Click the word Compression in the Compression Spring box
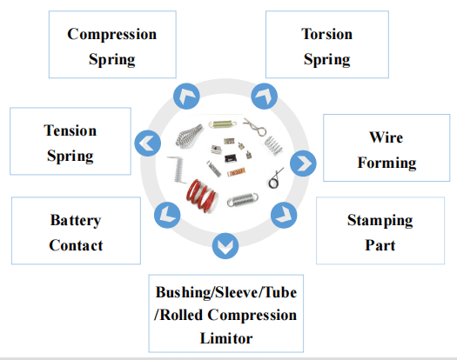(112, 35)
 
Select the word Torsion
(326, 34)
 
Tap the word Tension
(70, 130)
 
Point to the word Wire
(386, 137)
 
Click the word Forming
(386, 163)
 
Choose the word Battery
(76, 221)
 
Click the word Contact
(76, 245)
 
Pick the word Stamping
(380, 221)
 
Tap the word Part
(380, 245)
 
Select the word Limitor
(226, 338)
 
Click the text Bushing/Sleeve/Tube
(226, 292)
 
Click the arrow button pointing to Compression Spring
(186, 97)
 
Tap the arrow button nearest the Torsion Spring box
(265, 97)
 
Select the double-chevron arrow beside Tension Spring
(147, 143)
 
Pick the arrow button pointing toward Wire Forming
(303, 163)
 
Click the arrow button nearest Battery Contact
(167, 215)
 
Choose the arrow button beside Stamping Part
(284, 215)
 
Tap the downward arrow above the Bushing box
(225, 246)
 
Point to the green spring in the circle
(222, 124)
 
